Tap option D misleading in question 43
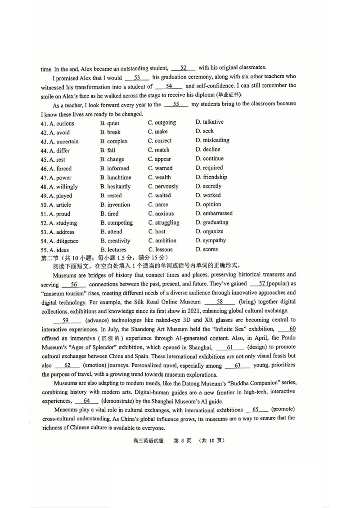click(x=212, y=140)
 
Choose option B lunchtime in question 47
click(x=116, y=178)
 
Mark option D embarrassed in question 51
click(x=214, y=213)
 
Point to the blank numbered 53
click(x=137, y=77)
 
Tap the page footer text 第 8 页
click(x=180, y=440)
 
